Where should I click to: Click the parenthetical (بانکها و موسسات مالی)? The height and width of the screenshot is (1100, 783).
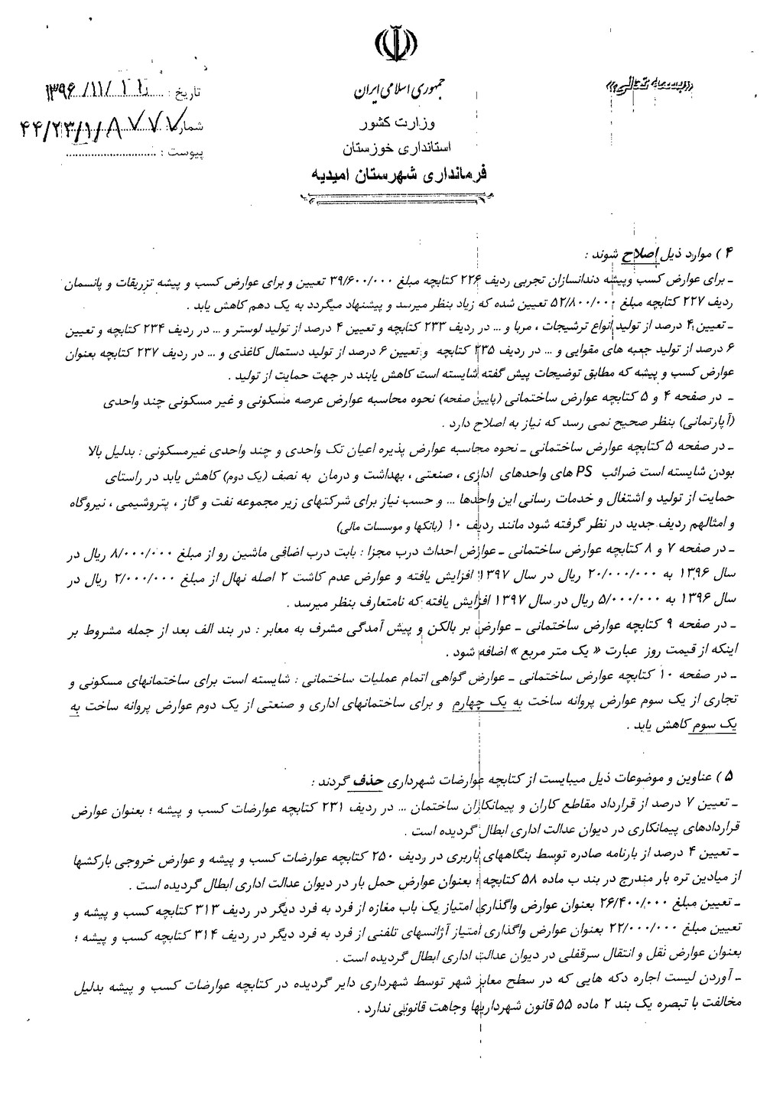click(382, 528)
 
